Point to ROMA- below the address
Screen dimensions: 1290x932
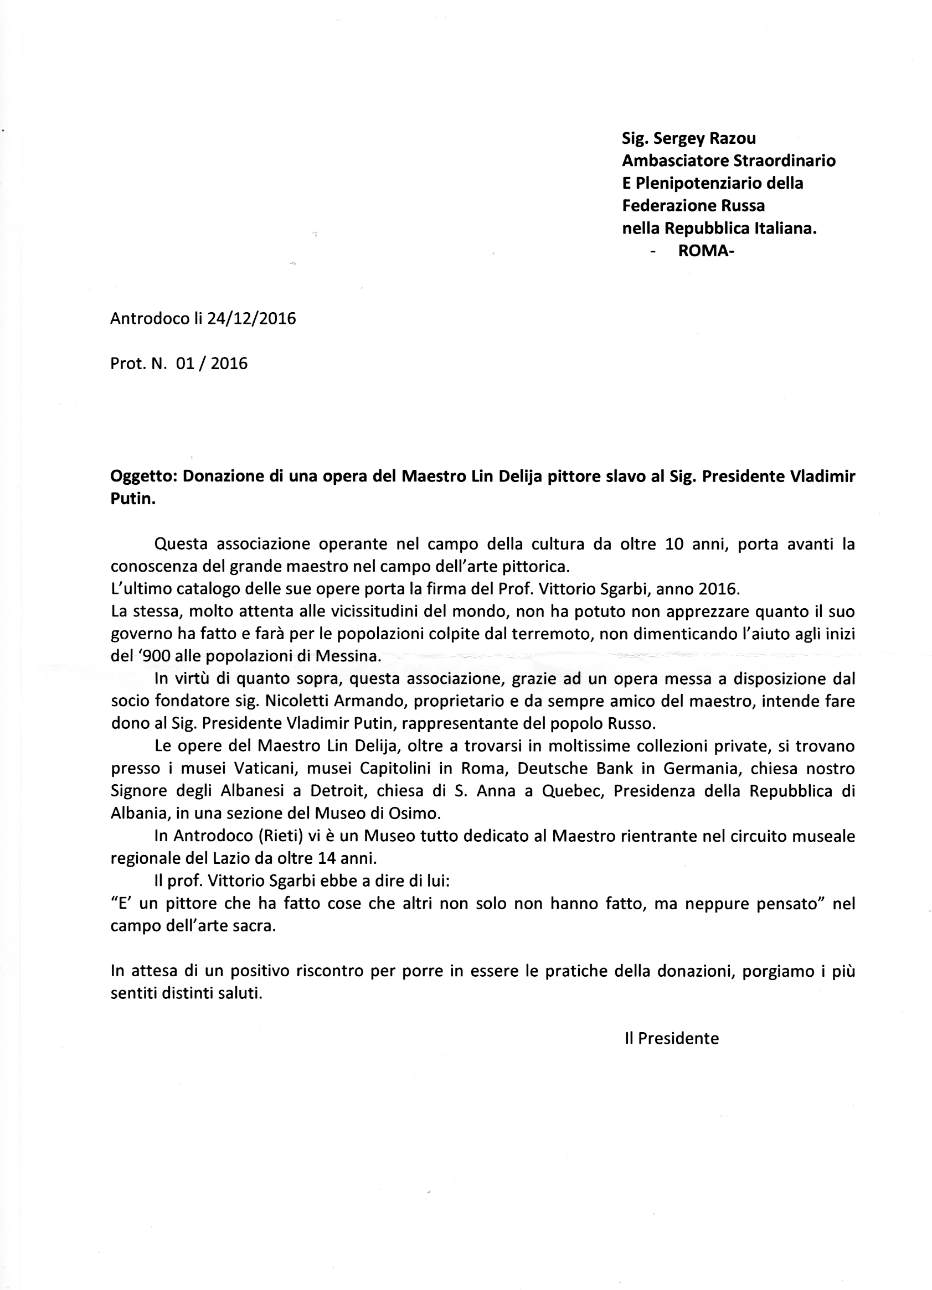point(706,251)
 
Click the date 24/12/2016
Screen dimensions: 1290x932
point(251,319)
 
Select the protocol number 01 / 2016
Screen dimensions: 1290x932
point(212,364)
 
